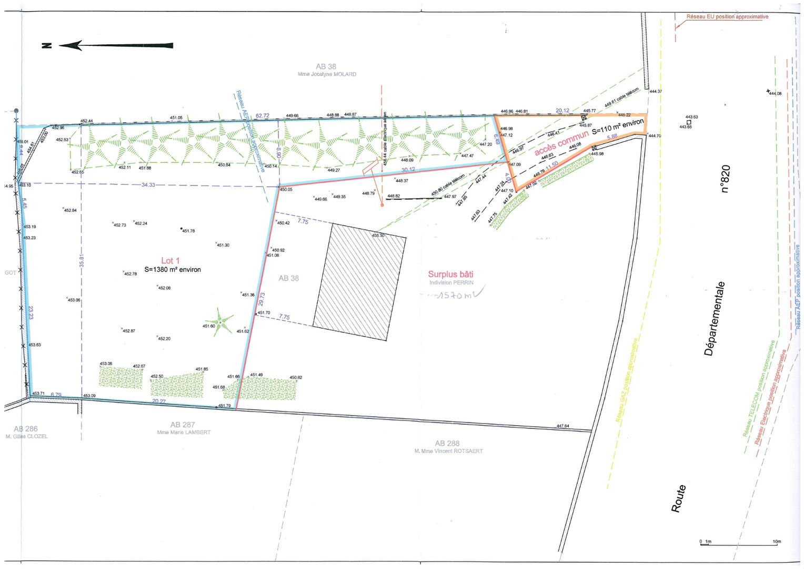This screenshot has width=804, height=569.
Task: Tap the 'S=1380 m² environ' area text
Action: [173, 270]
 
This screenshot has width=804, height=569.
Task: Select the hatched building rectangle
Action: [360, 282]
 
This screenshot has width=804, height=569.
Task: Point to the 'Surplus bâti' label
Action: [450, 274]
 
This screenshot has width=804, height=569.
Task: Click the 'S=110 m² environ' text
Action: [618, 127]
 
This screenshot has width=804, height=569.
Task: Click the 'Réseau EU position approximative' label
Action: [727, 17]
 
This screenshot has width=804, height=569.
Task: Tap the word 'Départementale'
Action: [715, 319]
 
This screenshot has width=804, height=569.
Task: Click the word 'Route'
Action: [678, 498]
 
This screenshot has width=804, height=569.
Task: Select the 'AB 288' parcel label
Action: [447, 444]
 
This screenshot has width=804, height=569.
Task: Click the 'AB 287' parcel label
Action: [183, 425]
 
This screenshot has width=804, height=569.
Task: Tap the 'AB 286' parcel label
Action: [26, 429]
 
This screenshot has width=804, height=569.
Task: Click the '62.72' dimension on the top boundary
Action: [262, 115]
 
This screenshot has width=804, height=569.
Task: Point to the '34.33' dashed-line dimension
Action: [148, 185]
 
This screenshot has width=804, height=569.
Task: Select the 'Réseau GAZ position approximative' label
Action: [629, 380]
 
